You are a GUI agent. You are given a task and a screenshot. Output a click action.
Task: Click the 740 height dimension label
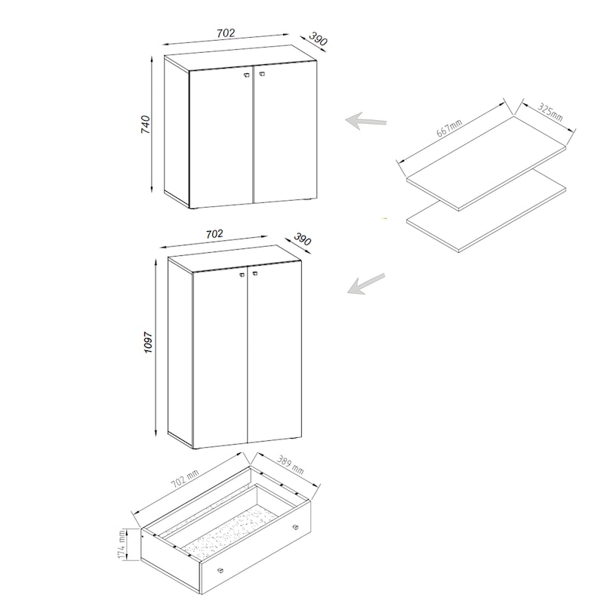[x=146, y=125]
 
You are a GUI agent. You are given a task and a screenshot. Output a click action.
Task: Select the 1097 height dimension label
[x=148, y=343]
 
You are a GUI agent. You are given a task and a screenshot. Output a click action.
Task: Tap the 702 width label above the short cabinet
[x=225, y=33]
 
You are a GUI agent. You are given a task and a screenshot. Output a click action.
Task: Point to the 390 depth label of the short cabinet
[x=318, y=39]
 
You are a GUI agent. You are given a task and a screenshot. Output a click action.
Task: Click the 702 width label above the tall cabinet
[x=214, y=234]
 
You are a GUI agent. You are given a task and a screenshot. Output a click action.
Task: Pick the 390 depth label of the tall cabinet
[x=303, y=239]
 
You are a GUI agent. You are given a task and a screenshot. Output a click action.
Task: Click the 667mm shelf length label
[x=449, y=128]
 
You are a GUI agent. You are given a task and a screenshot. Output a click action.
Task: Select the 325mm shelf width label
[x=550, y=112]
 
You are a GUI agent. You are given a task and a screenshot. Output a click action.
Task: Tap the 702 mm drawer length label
[x=185, y=479]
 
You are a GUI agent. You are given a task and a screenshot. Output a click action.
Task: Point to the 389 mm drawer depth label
[x=290, y=465]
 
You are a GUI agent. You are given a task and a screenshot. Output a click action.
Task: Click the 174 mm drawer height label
[x=122, y=544]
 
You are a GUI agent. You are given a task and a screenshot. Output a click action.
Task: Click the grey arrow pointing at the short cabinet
[x=366, y=121]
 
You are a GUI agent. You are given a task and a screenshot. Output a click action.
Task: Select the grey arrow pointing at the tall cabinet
[x=366, y=284]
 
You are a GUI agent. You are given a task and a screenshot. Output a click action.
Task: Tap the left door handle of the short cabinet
[x=247, y=75]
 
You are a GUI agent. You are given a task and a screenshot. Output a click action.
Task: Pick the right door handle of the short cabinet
[x=261, y=73]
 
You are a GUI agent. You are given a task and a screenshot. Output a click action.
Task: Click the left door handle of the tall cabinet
[x=242, y=275]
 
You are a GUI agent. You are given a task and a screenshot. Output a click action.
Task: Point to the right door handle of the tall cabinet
[x=254, y=273]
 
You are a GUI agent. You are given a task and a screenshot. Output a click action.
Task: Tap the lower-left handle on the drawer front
[x=220, y=571]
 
